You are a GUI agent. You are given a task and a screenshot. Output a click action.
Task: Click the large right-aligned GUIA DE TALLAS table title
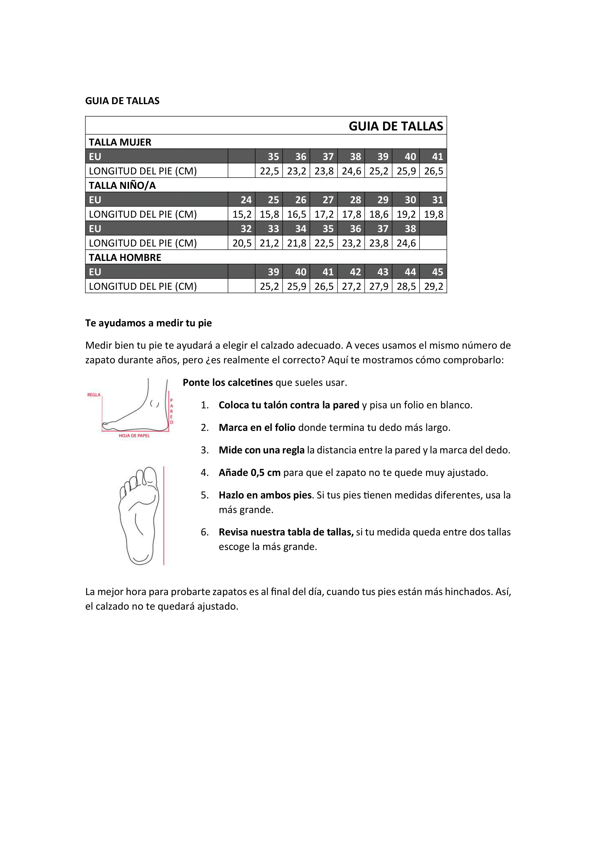click(396, 126)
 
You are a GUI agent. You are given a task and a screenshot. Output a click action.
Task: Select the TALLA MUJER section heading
click(120, 142)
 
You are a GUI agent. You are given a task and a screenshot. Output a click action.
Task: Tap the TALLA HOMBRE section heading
click(125, 257)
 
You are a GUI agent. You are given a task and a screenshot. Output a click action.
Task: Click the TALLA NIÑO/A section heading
click(122, 185)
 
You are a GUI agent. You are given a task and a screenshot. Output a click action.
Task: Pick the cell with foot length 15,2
click(242, 214)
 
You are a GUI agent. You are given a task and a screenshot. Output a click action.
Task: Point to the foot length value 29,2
click(433, 287)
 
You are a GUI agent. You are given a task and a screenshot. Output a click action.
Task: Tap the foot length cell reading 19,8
click(433, 214)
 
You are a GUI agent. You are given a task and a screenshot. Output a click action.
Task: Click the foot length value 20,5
click(242, 243)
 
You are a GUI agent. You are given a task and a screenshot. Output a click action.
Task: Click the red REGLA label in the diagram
click(94, 395)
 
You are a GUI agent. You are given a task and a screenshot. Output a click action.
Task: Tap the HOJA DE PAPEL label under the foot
click(134, 435)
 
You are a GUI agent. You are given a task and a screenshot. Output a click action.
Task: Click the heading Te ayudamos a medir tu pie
click(148, 323)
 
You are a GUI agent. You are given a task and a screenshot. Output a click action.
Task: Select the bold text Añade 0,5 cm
click(250, 472)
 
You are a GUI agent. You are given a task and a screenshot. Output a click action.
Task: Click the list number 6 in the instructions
click(204, 532)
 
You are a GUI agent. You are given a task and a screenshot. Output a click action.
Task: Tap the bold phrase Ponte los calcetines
click(227, 383)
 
